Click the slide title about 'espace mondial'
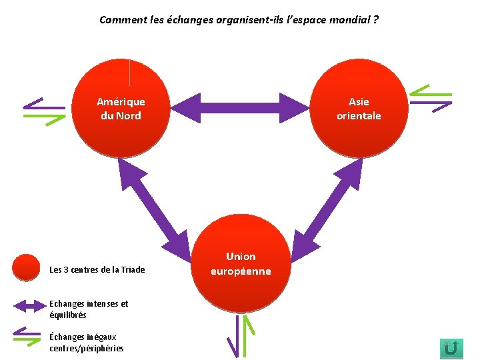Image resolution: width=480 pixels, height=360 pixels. [239, 19]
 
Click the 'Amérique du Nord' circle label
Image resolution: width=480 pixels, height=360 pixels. [121, 109]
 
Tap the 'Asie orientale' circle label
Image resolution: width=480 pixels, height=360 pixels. [359, 109]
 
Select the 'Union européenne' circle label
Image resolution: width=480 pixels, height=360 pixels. [241, 264]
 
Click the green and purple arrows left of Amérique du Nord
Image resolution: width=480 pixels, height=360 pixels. [44, 107]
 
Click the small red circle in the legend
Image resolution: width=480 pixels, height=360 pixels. [27, 268]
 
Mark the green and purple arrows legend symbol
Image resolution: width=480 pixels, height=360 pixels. [27, 337]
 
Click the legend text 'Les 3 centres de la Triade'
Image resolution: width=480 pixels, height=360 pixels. [97, 270]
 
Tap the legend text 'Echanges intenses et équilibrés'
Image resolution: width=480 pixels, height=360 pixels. [89, 309]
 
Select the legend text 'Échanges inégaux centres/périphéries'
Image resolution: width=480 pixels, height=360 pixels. [86, 343]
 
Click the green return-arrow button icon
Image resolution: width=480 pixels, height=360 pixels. [451, 347]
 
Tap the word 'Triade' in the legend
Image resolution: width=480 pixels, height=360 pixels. [132, 270]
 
